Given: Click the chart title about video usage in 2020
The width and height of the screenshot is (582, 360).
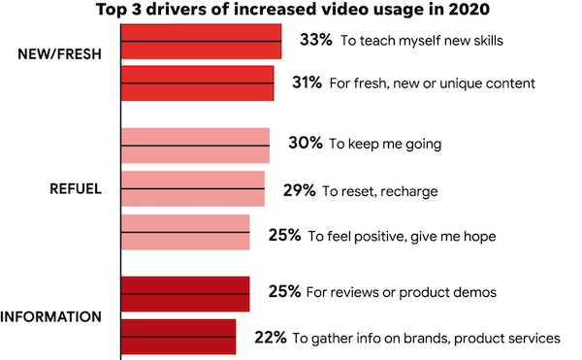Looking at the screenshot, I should coord(291,11).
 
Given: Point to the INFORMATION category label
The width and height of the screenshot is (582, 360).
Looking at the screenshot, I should coord(51,316).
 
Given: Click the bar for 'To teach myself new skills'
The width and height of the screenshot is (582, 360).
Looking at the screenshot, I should coord(201,42).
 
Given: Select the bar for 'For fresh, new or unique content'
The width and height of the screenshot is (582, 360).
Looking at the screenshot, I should coord(197,83).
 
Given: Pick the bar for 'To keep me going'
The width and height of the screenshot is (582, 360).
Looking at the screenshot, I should coord(195,145).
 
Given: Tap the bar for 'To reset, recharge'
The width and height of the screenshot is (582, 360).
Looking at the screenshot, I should coord(192,189).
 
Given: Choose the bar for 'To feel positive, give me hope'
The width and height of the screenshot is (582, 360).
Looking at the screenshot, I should coord(185,233).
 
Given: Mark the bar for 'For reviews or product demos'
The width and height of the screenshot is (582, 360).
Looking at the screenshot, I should coord(185,294).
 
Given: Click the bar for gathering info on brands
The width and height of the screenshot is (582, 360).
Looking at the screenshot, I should coord(178,337).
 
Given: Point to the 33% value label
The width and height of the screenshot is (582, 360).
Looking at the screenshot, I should coord(315,42).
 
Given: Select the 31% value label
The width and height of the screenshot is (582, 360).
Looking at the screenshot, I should coord(307,83).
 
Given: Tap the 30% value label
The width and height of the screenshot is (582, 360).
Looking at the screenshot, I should coord(305,145).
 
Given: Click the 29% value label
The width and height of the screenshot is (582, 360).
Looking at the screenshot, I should coord(300,190).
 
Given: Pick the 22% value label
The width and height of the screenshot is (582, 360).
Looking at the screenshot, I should coord(270,338).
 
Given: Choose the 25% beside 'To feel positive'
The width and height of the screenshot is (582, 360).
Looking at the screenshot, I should coord(284,234).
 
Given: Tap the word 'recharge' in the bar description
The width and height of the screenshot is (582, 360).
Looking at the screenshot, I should coord(408,191).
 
